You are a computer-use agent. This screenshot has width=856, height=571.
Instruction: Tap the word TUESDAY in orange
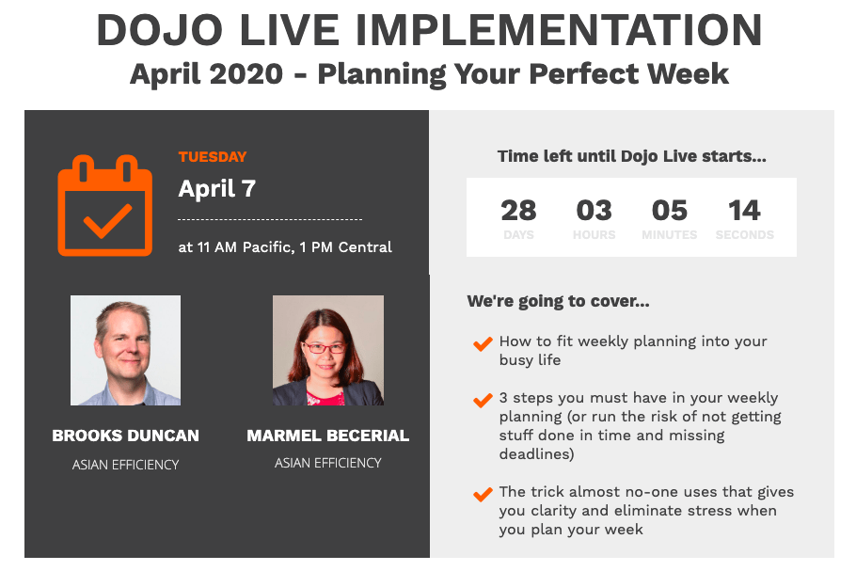[213, 157]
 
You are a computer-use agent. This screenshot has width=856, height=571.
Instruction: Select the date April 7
[216, 189]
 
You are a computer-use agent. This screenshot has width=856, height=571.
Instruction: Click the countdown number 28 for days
[518, 211]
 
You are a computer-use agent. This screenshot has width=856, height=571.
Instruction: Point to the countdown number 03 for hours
[594, 211]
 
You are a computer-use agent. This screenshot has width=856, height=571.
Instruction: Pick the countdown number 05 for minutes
[670, 211]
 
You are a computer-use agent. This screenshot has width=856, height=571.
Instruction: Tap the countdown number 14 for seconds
[745, 211]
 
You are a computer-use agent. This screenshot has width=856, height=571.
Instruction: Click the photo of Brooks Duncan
[125, 351]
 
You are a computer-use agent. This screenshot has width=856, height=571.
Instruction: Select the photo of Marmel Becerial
[328, 351]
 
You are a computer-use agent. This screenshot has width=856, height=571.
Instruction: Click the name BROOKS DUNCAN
[125, 436]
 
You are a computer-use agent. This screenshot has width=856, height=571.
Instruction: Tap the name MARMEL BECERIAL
[328, 436]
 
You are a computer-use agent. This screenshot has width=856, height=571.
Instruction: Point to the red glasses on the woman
[325, 347]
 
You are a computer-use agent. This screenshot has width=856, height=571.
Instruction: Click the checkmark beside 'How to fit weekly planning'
[483, 344]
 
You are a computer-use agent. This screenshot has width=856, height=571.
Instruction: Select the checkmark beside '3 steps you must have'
[483, 401]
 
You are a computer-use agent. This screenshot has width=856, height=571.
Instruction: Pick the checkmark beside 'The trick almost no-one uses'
[483, 495]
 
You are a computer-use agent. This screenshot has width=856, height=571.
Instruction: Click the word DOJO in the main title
[159, 30]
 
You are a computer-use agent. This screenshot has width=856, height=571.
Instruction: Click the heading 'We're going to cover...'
[558, 301]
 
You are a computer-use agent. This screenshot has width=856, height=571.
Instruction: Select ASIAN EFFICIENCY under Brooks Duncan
[125, 465]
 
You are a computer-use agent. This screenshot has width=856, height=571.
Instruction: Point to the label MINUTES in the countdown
[670, 235]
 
